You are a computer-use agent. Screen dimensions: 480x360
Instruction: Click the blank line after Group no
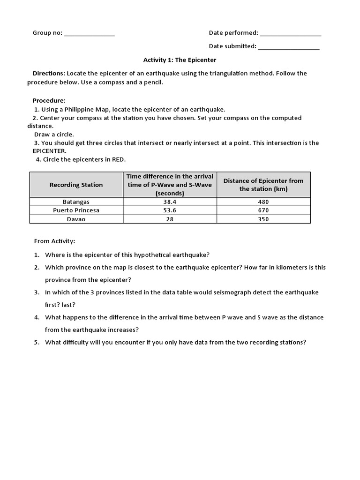(89, 34)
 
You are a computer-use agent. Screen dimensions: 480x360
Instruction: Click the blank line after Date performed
(290, 34)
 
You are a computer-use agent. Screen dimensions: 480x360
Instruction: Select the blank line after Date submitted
(289, 47)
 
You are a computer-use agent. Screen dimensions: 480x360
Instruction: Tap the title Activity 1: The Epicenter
(180, 60)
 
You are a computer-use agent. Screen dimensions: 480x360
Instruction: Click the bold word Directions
(49, 73)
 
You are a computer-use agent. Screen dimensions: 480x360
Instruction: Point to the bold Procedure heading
(49, 100)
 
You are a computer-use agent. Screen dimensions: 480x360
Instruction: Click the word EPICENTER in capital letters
(49, 151)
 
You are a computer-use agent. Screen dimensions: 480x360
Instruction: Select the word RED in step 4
(118, 159)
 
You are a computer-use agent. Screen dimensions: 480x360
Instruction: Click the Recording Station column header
(76, 185)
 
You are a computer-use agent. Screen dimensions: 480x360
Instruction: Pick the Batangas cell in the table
(76, 202)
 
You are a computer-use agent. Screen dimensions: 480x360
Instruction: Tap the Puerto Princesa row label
(76, 210)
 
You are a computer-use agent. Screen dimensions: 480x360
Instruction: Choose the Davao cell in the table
(76, 219)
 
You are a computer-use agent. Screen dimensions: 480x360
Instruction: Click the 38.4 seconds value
(170, 202)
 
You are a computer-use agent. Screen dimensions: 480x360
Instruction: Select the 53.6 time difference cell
(170, 210)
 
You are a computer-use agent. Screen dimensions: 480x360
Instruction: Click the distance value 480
(263, 202)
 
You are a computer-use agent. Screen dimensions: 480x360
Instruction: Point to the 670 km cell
(263, 210)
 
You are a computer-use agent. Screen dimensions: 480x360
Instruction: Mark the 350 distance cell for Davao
(263, 219)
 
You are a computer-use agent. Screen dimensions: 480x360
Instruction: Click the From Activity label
(54, 241)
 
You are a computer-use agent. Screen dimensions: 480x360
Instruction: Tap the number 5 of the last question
(37, 342)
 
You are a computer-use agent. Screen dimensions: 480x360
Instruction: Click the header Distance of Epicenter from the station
(263, 185)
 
